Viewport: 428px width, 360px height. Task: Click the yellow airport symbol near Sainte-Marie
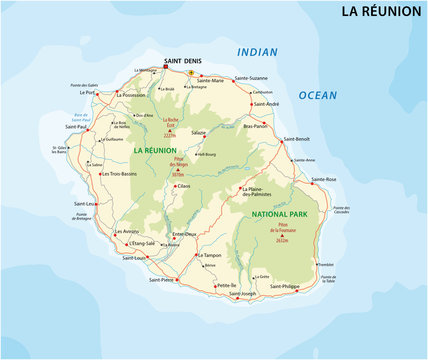pyautogui.click(x=191, y=73)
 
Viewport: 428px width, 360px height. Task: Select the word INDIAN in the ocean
pyautogui.click(x=257, y=51)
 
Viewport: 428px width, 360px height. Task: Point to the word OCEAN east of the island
pyautogui.click(x=319, y=95)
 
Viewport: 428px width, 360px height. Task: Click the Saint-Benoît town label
pyautogui.click(x=298, y=139)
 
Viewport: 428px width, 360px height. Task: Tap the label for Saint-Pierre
pyautogui.click(x=162, y=280)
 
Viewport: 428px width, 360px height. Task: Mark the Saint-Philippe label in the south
pyautogui.click(x=284, y=286)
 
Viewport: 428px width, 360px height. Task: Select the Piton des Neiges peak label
pyautogui.click(x=179, y=166)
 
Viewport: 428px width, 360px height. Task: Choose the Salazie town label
pyautogui.click(x=198, y=132)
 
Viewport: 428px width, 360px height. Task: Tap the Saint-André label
pyautogui.click(x=265, y=104)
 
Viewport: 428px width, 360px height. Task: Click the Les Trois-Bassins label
pyautogui.click(x=121, y=174)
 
